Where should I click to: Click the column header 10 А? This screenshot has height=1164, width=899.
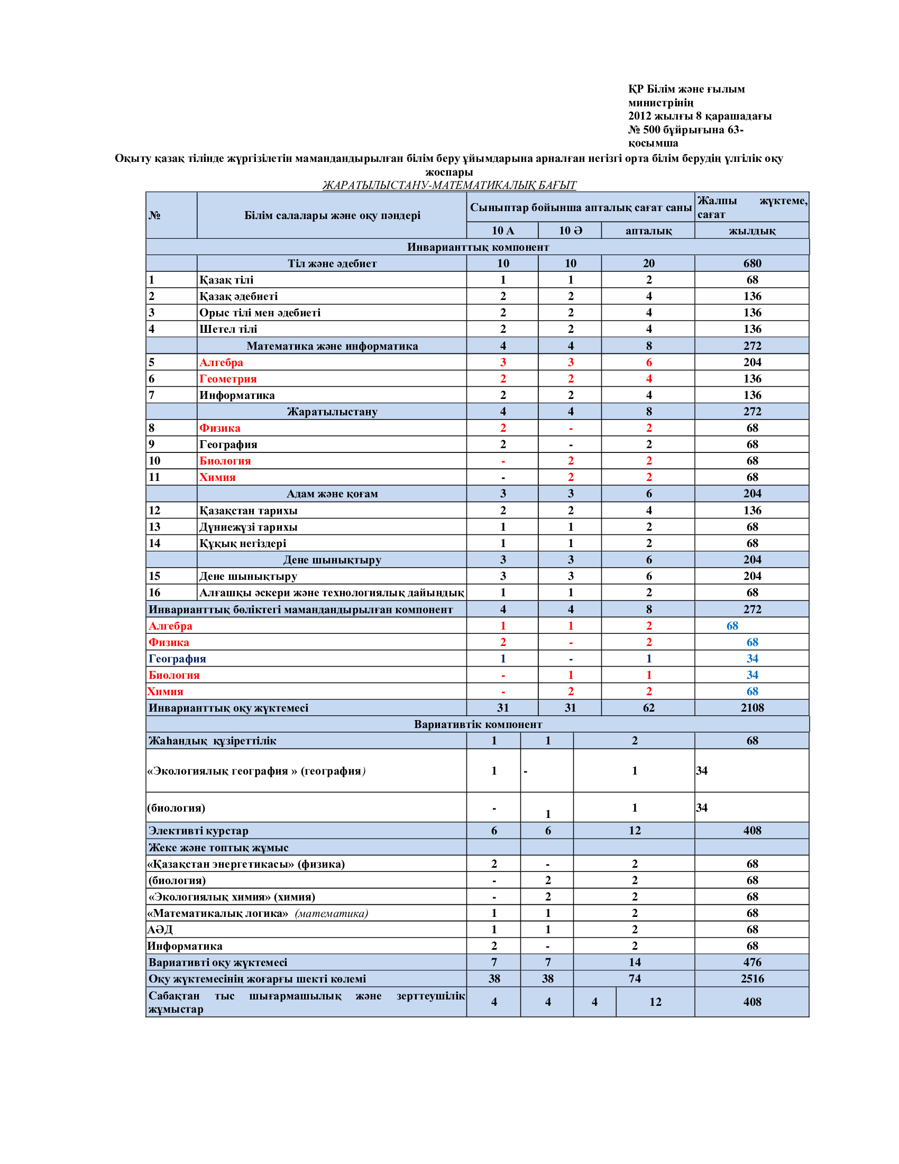coord(502,230)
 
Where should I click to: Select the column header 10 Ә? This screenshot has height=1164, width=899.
coord(570,230)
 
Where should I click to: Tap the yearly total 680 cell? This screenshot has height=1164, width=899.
coord(751,263)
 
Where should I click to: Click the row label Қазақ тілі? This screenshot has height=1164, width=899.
coord(226,280)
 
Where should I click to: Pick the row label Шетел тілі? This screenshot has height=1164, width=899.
coord(228,329)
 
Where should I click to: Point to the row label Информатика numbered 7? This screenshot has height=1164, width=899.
coord(237,395)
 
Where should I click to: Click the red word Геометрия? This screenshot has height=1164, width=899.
coord(228,378)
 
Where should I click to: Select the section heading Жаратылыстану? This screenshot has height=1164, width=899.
coord(332,412)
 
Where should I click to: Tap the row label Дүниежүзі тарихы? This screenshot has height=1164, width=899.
coord(248,526)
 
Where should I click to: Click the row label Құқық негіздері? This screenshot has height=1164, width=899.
coord(242,543)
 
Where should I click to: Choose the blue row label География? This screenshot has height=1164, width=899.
coord(177,658)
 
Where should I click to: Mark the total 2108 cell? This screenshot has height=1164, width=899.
coord(751,708)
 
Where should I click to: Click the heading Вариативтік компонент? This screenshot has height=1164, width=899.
coord(478,724)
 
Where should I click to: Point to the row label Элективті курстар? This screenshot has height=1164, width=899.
coord(198,830)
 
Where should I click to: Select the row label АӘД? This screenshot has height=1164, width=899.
coord(160,930)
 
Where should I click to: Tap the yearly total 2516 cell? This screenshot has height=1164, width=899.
coord(751,978)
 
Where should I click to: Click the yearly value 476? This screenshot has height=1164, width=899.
coord(751,962)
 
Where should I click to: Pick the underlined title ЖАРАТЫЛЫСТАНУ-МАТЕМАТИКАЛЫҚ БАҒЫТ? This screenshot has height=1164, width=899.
coord(449,185)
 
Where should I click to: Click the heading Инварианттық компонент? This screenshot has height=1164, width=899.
coord(478,247)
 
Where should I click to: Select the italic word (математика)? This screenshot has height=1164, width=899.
coord(331,913)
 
